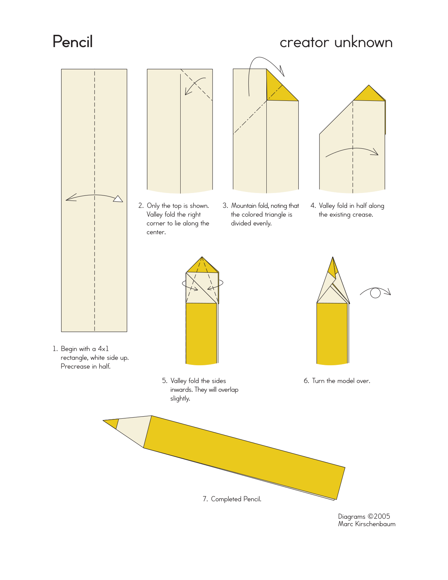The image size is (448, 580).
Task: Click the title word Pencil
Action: (73, 41)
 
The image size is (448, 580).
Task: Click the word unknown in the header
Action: (363, 42)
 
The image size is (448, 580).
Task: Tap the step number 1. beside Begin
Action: (55, 349)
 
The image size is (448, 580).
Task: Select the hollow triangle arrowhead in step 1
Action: (118, 199)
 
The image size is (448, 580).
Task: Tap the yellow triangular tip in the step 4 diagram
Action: (369, 94)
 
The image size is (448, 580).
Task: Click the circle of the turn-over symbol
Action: (375, 293)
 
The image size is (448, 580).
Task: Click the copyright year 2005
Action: (382, 516)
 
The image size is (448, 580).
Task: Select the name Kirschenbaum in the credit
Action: (375, 524)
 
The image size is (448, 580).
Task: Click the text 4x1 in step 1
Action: (103, 349)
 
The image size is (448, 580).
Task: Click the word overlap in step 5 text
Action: (228, 390)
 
